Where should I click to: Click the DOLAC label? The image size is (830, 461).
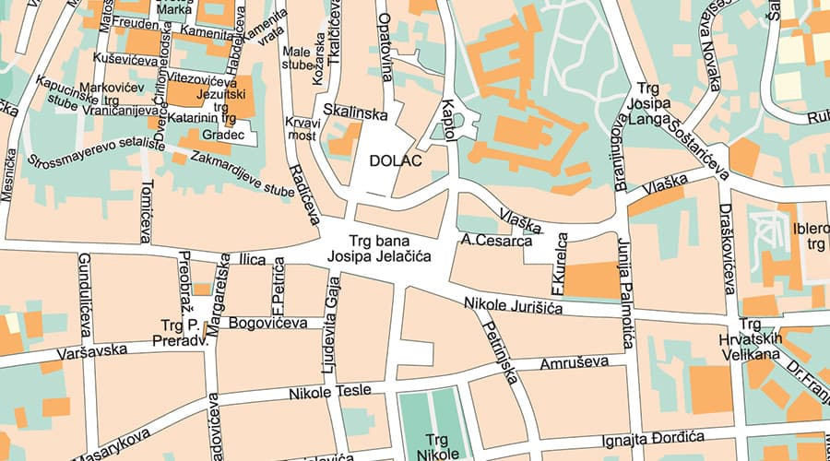tap(395, 161)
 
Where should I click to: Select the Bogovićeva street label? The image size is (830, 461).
tap(267, 324)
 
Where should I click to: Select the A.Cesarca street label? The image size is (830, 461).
tap(497, 242)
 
